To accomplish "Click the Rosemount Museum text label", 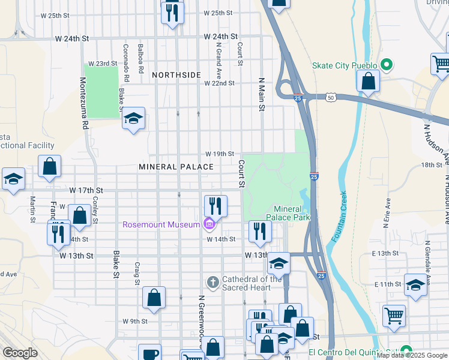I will click(x=161, y=225).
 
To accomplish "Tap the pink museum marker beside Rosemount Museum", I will click(x=209, y=224).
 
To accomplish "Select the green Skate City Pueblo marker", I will click(x=387, y=65).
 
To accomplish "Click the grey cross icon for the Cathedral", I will click(x=212, y=282).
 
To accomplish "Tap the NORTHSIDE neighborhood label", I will click(x=176, y=74).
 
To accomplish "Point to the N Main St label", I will click(x=261, y=94).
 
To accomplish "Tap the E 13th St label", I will click(x=386, y=254).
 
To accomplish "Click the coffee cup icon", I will click(x=149, y=353).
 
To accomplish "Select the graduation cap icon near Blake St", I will click(x=133, y=119).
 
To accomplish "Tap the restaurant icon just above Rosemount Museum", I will click(x=215, y=206).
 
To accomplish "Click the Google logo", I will click(x=20, y=353).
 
